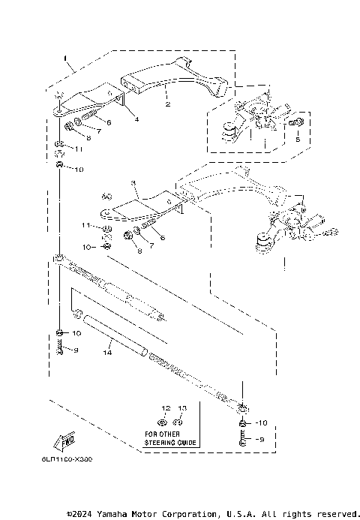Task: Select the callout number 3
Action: point(133,182)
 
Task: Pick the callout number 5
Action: point(297,139)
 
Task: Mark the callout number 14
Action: point(108,351)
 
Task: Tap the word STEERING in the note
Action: point(160,443)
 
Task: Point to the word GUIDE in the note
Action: point(187,443)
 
